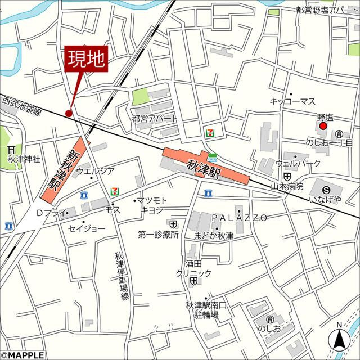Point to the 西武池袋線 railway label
click(22, 106)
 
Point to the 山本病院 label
click(287, 186)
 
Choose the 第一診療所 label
click(158, 235)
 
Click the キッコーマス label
click(292, 102)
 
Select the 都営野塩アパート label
click(327, 10)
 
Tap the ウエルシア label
click(95, 171)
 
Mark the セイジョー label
click(87, 229)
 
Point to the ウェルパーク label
click(298, 163)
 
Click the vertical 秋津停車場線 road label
click(125, 276)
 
